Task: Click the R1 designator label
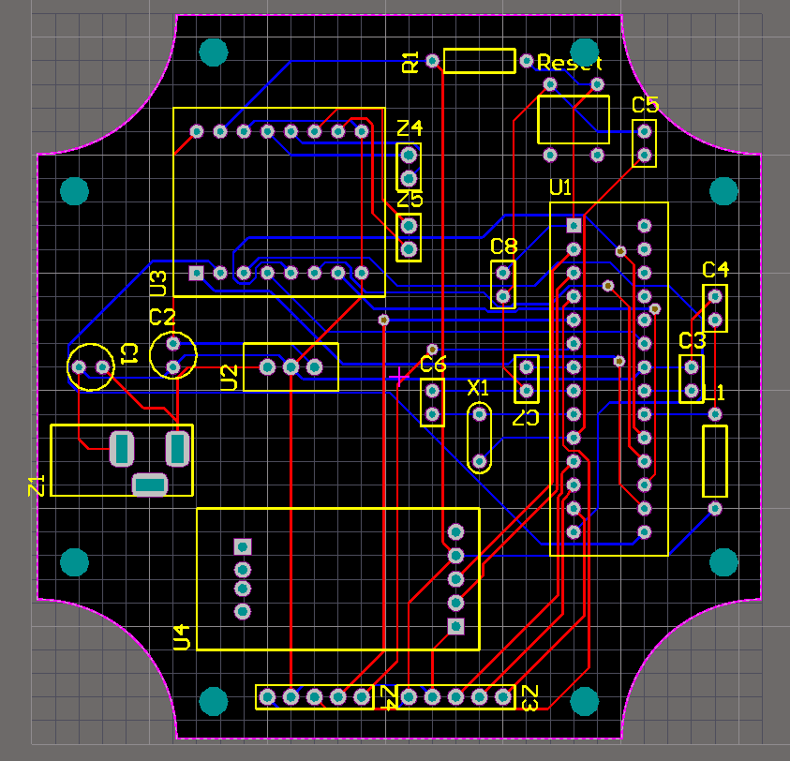[410, 62]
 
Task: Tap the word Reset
[569, 63]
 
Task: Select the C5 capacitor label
[646, 105]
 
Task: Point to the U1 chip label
[560, 187]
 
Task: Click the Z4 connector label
[410, 128]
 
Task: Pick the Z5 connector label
[410, 200]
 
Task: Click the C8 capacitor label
[504, 246]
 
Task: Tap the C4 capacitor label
[715, 270]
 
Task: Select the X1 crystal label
[478, 388]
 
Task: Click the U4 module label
[182, 637]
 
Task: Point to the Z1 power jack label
[37, 485]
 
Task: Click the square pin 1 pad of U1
[574, 225]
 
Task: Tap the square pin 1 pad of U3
[196, 273]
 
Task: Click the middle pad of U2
[291, 366]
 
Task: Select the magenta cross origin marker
[399, 376]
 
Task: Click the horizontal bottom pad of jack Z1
[150, 485]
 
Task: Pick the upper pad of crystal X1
[479, 414]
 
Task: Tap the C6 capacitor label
[433, 364]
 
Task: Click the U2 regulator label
[230, 378]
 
